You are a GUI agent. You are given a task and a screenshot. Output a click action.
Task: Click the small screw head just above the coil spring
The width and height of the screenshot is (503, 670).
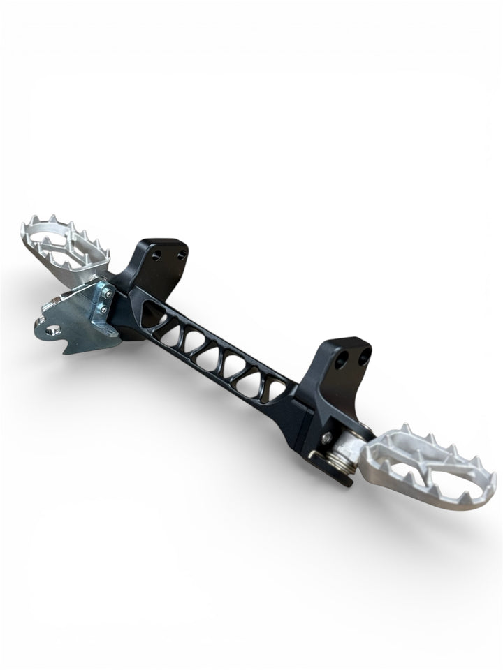pyautogui.click(x=328, y=437)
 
